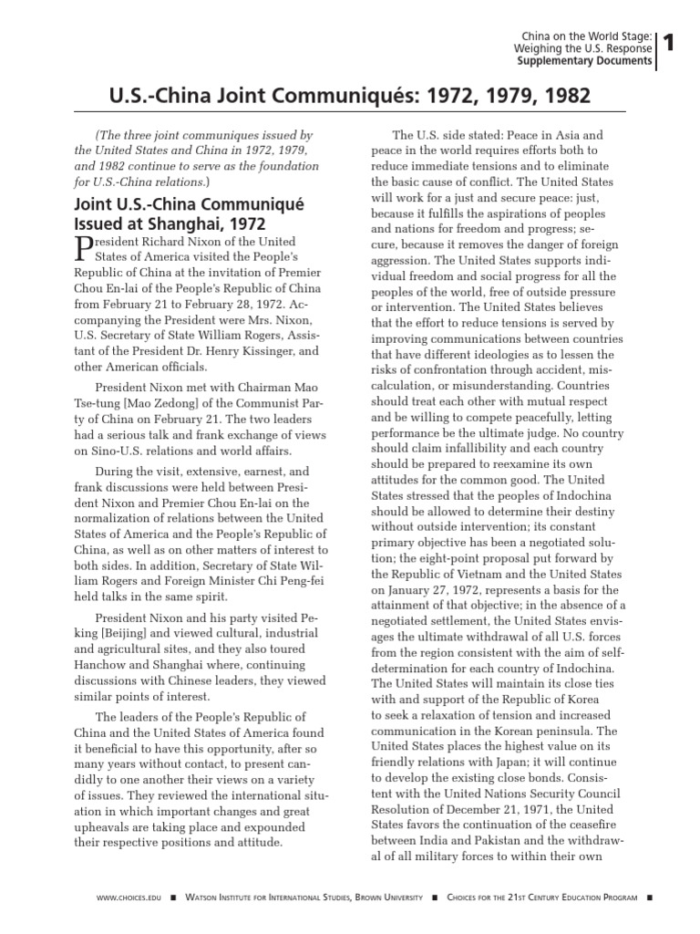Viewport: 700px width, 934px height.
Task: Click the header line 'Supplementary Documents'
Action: (x=583, y=62)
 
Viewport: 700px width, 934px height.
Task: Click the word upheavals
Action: (x=109, y=825)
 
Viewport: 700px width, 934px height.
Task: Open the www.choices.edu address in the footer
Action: (x=129, y=898)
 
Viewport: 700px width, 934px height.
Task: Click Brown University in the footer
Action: (x=391, y=898)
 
